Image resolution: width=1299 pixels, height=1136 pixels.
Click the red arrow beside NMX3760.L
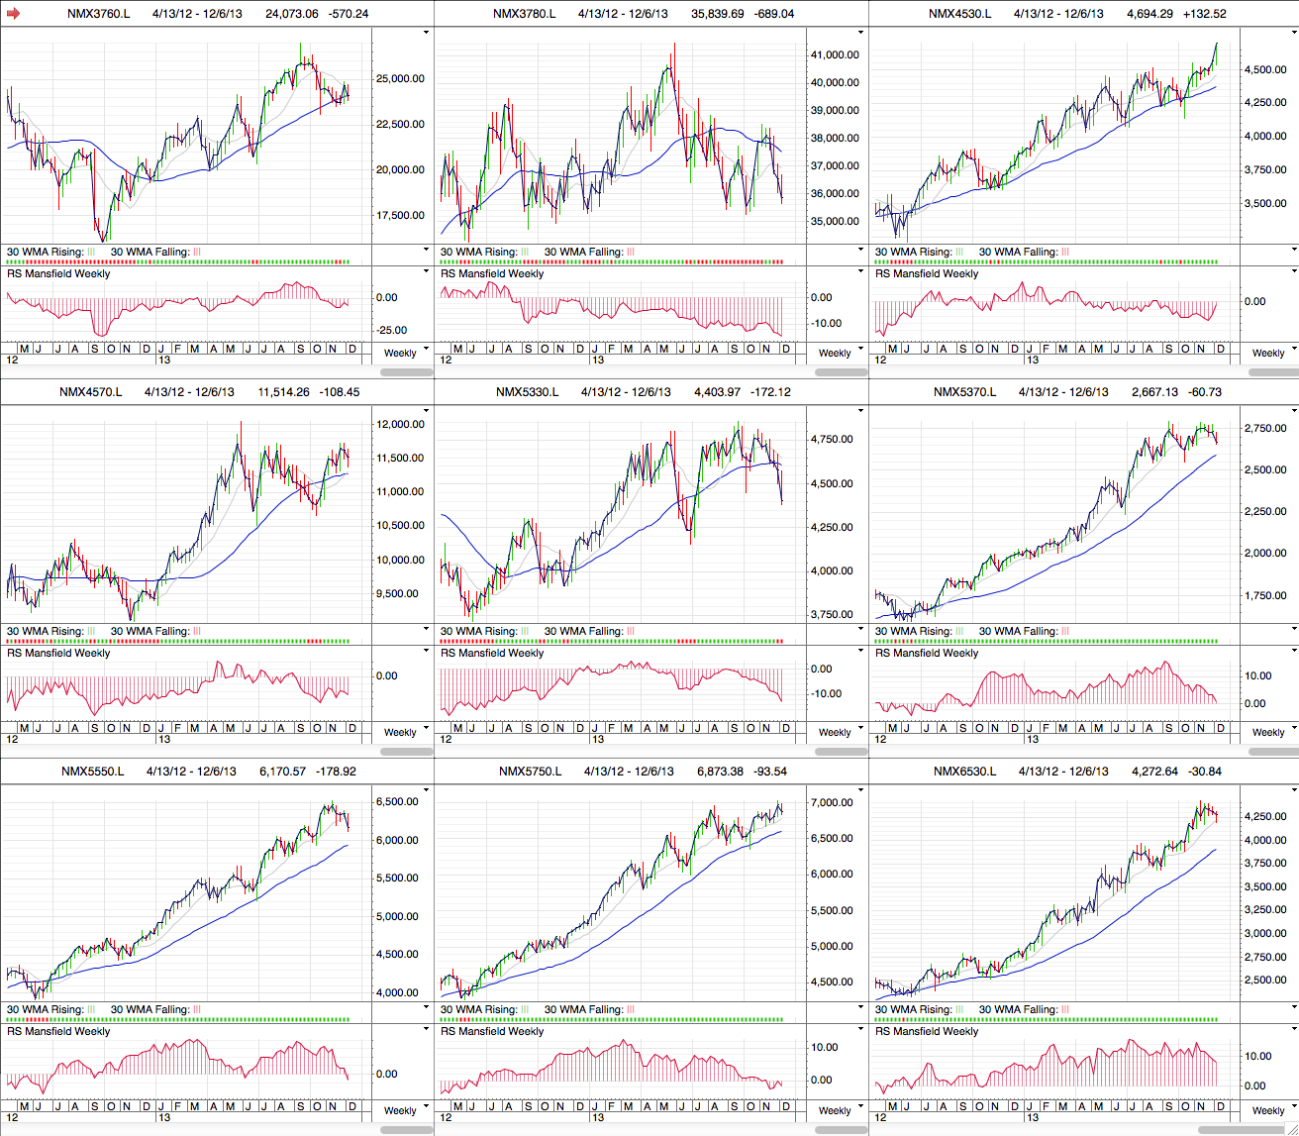pos(13,14)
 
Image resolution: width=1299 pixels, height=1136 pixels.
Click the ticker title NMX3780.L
pos(524,14)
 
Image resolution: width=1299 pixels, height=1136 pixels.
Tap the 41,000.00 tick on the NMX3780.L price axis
pos(835,55)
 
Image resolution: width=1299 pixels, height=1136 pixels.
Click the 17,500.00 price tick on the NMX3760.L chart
pos(400,216)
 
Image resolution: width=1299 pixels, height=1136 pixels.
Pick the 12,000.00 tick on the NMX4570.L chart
pos(400,425)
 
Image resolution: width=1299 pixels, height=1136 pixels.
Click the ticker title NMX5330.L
pos(527,392)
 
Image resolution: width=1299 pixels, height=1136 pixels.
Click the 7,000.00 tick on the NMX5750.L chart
pos(832,803)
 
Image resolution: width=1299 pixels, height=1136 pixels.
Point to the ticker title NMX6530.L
pos(964,772)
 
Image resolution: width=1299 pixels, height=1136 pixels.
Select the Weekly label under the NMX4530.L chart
pos(1268,354)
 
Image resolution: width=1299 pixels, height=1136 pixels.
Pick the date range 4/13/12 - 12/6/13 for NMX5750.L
pos(629,772)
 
